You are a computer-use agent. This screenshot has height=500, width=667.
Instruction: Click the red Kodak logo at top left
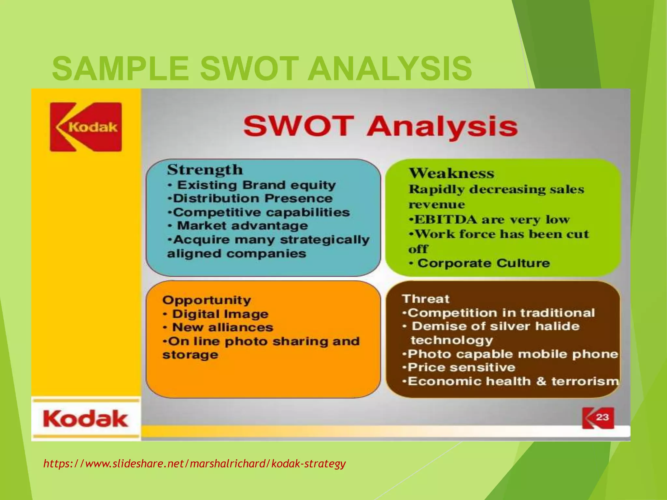(86, 127)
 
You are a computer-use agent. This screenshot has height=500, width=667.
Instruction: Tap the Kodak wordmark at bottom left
(85, 419)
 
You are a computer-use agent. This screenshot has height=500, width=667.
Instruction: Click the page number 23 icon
(598, 418)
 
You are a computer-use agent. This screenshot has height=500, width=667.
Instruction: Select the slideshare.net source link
(194, 463)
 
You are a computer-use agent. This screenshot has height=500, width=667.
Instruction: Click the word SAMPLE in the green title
(120, 69)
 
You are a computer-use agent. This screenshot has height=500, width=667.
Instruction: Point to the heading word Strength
(205, 170)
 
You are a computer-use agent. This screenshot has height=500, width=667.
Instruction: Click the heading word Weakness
(451, 173)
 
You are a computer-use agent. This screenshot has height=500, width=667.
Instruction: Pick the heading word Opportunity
(206, 300)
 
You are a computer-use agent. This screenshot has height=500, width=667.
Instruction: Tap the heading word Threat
(426, 299)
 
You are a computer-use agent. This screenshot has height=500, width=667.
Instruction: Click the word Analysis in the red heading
(442, 127)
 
